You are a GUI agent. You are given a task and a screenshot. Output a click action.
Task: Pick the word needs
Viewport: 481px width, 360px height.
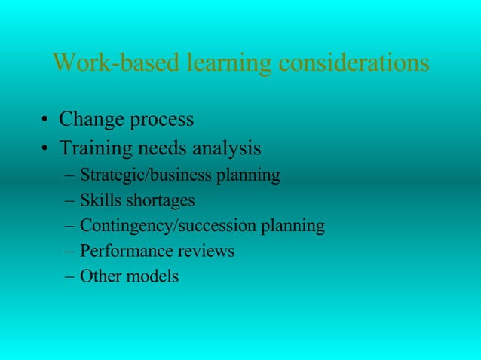[169, 148]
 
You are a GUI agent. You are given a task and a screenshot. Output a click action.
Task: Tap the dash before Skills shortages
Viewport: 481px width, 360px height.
[70, 202]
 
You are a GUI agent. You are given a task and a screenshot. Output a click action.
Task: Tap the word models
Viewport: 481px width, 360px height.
[152, 276]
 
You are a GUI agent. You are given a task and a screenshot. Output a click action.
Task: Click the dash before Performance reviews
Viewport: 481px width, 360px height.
[70, 252]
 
